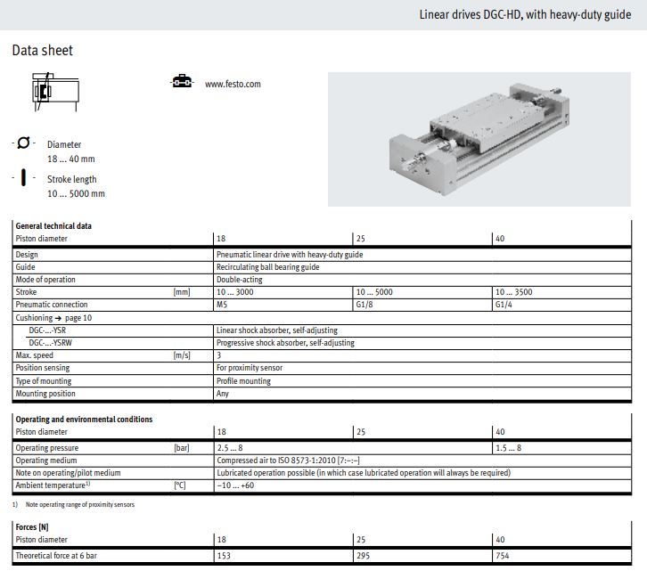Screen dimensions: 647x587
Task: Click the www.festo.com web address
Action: pyautogui.click(x=233, y=84)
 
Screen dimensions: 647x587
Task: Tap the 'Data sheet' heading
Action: pyautogui.click(x=43, y=50)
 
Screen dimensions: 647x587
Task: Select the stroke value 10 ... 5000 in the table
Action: pyautogui.click(x=374, y=292)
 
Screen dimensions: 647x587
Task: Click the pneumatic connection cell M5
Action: pyautogui.click(x=222, y=305)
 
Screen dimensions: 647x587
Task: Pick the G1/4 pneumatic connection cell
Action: pyautogui.click(x=504, y=305)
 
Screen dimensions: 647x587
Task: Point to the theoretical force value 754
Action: pyautogui.click(x=502, y=556)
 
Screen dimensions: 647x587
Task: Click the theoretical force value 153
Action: pyautogui.click(x=224, y=556)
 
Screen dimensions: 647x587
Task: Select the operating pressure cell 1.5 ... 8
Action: pyautogui.click(x=508, y=448)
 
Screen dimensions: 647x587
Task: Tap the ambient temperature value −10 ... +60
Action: pyautogui.click(x=235, y=485)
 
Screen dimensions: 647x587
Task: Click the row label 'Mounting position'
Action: pyautogui.click(x=45, y=394)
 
